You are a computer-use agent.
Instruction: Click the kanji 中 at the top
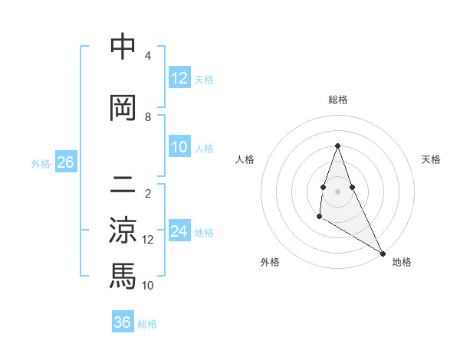pyautogui.click(x=123, y=47)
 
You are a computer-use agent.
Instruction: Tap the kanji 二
pyautogui.click(x=123, y=183)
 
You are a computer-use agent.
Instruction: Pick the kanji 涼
pyautogui.click(x=123, y=229)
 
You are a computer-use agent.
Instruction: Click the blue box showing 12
pyautogui.click(x=179, y=77)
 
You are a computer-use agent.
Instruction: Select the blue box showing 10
pyautogui.click(x=179, y=147)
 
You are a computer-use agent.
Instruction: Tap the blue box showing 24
pyautogui.click(x=179, y=231)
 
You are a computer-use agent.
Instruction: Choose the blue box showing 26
pyautogui.click(x=65, y=162)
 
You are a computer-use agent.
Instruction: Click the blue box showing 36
pyautogui.click(x=123, y=322)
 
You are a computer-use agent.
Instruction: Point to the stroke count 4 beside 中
pyautogui.click(x=148, y=56)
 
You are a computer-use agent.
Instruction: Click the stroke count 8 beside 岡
pyautogui.click(x=148, y=117)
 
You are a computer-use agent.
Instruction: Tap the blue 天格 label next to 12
pyautogui.click(x=204, y=79)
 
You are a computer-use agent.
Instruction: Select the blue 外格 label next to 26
pyautogui.click(x=41, y=163)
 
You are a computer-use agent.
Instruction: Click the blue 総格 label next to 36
pyautogui.click(x=147, y=324)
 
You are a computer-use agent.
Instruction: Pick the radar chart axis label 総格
pyautogui.click(x=338, y=100)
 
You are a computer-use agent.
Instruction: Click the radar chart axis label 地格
pyautogui.click(x=402, y=262)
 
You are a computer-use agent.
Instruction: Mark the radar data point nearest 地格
pyautogui.click(x=383, y=254)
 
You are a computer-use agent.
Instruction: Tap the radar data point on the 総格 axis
pyautogui.click(x=337, y=146)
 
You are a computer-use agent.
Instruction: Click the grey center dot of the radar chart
pyautogui.click(x=337, y=191)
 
